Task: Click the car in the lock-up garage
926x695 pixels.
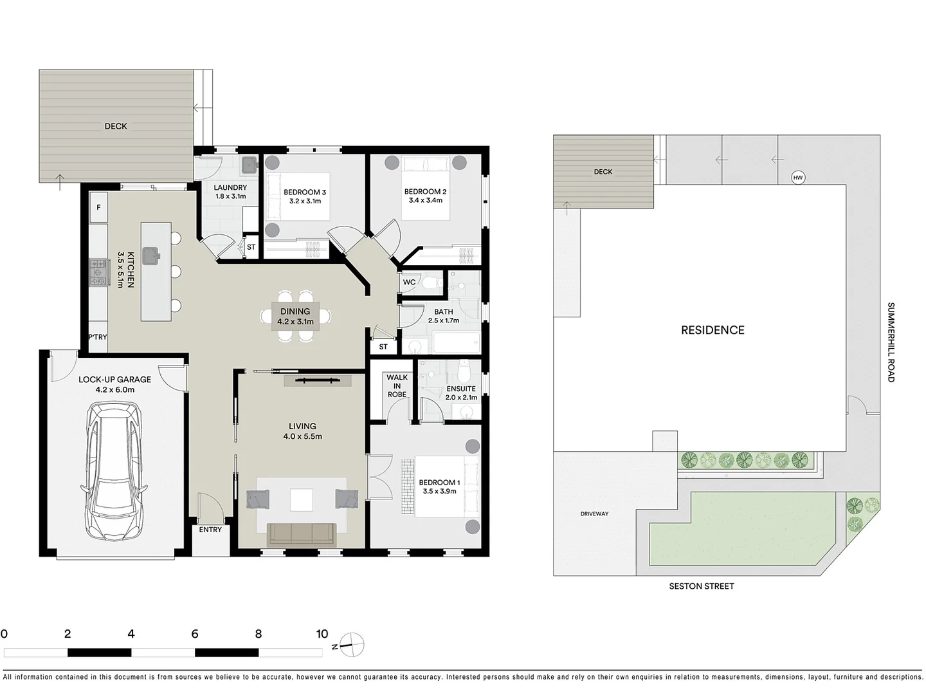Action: (x=114, y=470)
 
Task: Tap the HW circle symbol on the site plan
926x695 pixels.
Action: (x=798, y=178)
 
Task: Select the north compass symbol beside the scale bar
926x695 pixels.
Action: (x=352, y=644)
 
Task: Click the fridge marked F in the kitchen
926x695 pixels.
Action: (x=98, y=207)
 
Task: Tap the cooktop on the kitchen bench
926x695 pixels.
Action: (x=98, y=272)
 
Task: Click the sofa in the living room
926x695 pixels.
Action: (x=301, y=534)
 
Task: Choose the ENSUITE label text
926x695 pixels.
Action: (x=461, y=389)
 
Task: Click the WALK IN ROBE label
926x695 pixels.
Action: (x=397, y=386)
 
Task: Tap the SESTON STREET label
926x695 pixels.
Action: (x=701, y=586)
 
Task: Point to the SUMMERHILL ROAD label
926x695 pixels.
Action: (x=891, y=342)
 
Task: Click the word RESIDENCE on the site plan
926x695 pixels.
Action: (x=713, y=330)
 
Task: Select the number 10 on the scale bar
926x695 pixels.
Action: (x=322, y=634)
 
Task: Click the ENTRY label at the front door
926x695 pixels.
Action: (x=210, y=530)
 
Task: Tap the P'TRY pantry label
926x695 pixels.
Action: (x=98, y=337)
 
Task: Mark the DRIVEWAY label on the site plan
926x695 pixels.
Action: (x=594, y=514)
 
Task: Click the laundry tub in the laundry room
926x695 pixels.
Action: (x=248, y=165)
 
